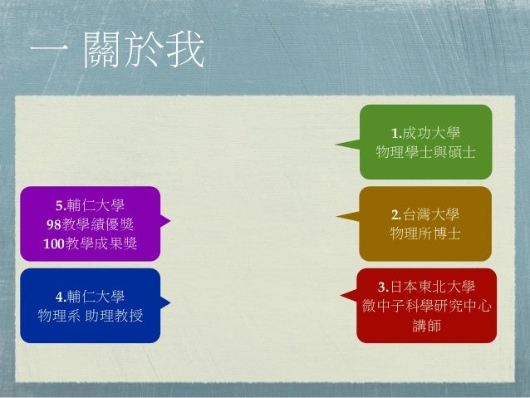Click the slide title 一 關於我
coord(117,53)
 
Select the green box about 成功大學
coord(425,142)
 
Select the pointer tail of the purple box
coord(165,221)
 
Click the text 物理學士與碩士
coord(425,152)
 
